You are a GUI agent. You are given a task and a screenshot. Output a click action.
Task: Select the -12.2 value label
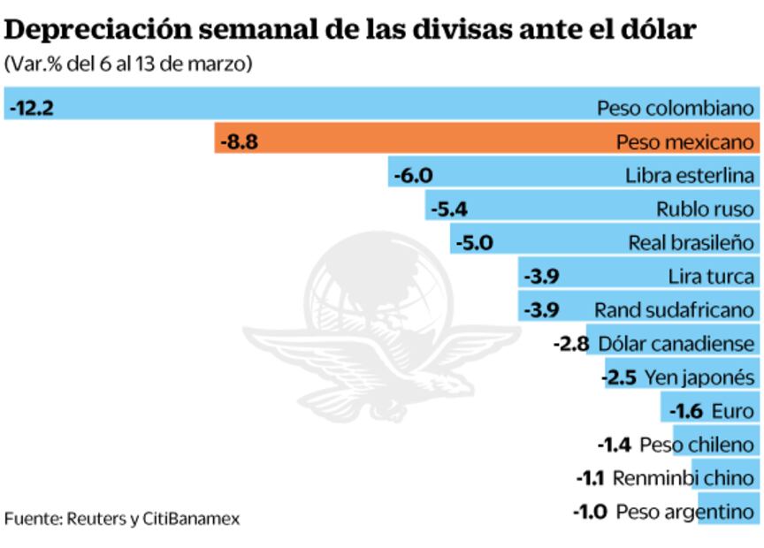(x=32, y=108)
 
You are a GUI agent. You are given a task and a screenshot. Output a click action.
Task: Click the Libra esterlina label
(x=690, y=175)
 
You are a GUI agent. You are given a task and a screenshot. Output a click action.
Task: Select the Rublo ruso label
(x=705, y=209)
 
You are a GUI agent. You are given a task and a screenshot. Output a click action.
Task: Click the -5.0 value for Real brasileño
(x=473, y=242)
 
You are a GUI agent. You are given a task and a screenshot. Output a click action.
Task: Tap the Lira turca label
(x=712, y=276)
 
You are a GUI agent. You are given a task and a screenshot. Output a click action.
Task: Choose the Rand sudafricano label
(x=676, y=310)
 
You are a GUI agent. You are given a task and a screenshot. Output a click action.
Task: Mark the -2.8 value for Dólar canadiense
(x=570, y=344)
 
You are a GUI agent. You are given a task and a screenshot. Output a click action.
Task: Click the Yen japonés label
(x=699, y=377)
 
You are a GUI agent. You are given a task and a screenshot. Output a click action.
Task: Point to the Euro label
(x=732, y=411)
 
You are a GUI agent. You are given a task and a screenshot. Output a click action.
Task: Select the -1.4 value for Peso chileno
(x=615, y=445)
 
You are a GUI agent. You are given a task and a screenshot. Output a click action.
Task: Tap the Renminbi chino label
(x=684, y=478)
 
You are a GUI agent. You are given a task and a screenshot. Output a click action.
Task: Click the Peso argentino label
(x=686, y=512)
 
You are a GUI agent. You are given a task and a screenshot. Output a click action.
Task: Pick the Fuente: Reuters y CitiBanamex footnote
(x=121, y=518)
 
